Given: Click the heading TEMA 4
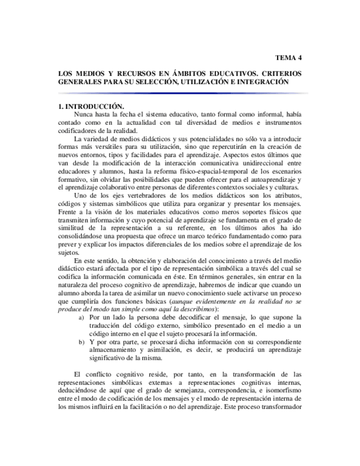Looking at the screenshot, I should [x=287, y=57].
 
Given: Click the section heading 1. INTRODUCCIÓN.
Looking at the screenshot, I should [x=91, y=106].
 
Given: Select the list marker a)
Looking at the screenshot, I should [x=81, y=318].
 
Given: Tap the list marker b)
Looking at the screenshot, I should [x=81, y=342].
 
